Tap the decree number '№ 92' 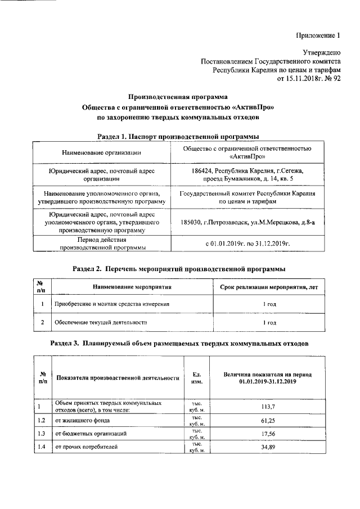331,79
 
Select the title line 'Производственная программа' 178,97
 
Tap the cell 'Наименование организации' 101,152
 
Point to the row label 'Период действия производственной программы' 101,243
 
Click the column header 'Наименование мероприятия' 132,287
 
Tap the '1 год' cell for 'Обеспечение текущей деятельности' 270,323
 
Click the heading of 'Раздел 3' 179,343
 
